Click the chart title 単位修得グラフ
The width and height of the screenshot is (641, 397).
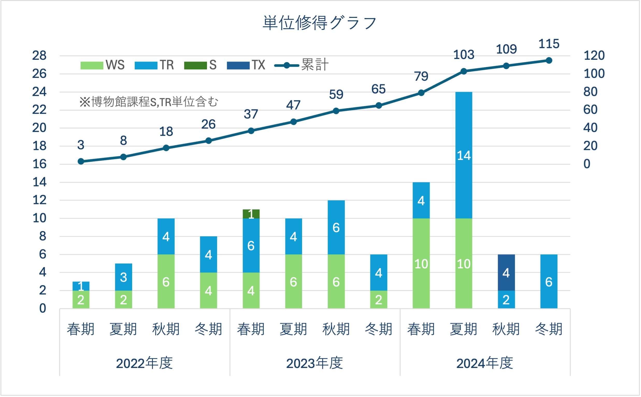[x=320, y=23]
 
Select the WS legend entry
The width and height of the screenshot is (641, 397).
[x=103, y=65]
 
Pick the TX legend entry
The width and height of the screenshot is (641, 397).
[x=246, y=65]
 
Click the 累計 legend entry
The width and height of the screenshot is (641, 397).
[x=301, y=65]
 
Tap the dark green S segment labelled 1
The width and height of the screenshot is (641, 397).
[x=251, y=214]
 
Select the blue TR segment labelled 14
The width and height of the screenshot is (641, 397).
[x=464, y=155]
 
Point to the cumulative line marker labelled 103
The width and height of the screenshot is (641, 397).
[x=464, y=71]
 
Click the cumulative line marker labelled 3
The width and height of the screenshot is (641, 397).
[x=81, y=161]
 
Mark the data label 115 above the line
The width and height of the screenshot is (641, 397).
[x=549, y=44]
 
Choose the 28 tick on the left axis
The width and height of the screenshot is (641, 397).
[x=39, y=56]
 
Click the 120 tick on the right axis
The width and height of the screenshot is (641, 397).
[x=594, y=56]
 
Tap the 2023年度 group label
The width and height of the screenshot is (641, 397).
[x=314, y=363]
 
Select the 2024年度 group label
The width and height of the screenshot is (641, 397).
[x=485, y=363]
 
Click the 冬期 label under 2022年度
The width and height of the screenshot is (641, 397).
[x=208, y=329]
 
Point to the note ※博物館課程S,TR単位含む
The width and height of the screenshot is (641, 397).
[x=149, y=102]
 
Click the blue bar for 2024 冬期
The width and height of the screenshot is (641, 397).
[x=549, y=281]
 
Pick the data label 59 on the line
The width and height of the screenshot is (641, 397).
[x=336, y=94]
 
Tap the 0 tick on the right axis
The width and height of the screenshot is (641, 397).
[x=587, y=164]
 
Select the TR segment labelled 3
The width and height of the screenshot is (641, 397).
[x=123, y=277]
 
